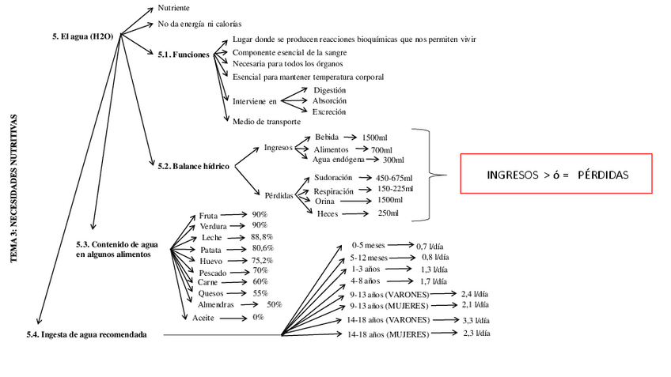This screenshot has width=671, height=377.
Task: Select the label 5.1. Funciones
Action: point(184,55)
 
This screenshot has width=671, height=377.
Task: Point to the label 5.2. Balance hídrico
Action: point(194,166)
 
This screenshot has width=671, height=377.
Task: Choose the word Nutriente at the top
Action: point(173,8)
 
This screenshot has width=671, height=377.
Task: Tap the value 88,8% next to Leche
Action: point(262,237)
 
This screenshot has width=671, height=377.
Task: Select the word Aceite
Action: point(204,318)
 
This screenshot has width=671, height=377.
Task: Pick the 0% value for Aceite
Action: point(258,318)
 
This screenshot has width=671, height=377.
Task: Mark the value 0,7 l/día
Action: point(432,246)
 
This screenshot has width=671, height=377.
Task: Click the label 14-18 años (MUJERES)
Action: point(388,334)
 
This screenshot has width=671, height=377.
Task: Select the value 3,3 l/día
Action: point(476,321)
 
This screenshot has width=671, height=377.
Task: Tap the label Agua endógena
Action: point(339,160)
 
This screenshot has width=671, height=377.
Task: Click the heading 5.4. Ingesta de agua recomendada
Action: point(87,334)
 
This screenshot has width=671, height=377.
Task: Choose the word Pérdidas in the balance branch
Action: point(279,195)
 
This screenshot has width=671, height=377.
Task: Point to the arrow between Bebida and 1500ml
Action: point(351,138)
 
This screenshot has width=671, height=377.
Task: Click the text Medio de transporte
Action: point(266,121)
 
